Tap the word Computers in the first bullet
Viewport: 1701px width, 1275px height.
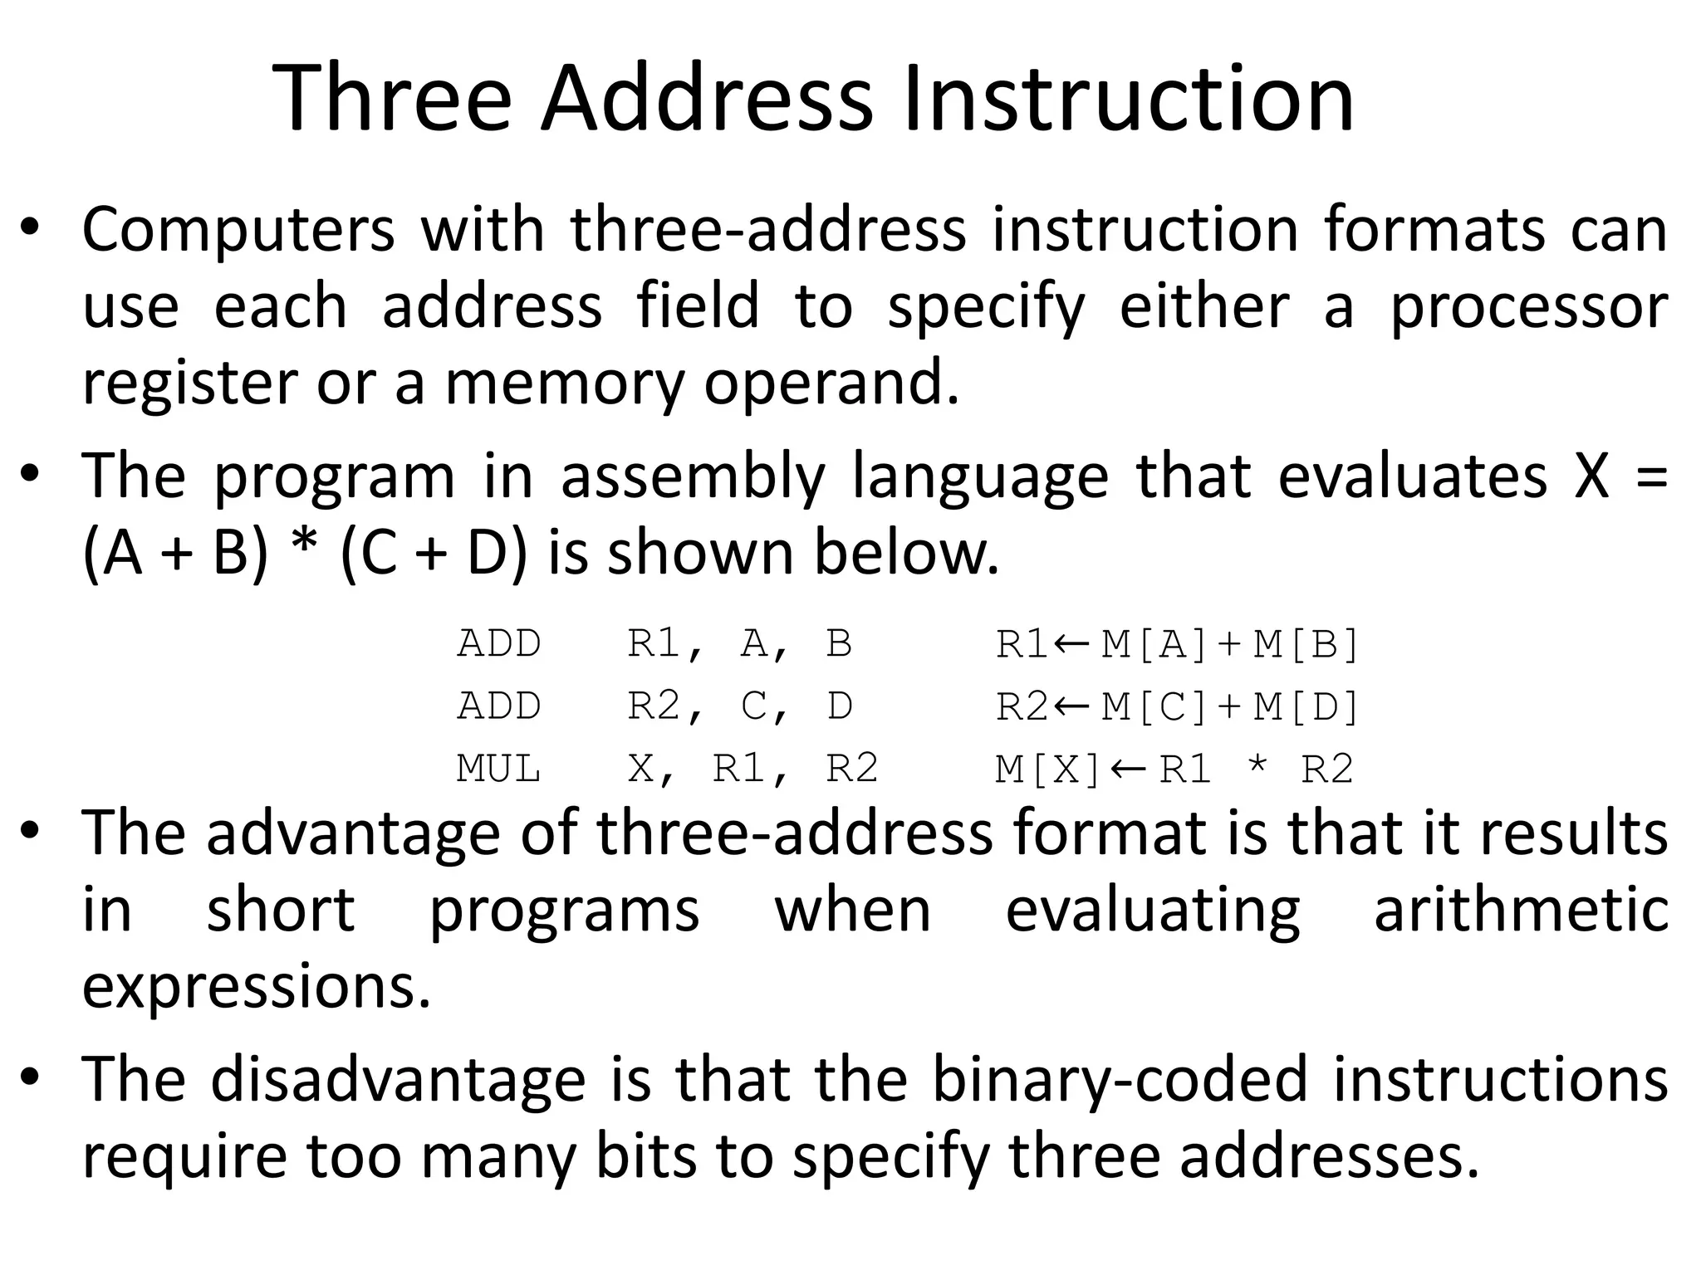238,230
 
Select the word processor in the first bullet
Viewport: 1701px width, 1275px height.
1529,307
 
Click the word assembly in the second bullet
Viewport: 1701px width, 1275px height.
693,476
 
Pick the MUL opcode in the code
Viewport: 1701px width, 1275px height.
498,769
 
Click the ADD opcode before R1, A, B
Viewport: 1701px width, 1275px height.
498,644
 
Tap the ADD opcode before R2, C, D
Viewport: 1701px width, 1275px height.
498,706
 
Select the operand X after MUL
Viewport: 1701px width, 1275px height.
641,769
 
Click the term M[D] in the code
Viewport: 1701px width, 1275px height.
1306,706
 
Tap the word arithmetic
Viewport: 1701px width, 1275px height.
1521,910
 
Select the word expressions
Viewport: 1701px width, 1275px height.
257,988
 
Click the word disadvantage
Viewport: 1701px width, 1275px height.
399,1079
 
